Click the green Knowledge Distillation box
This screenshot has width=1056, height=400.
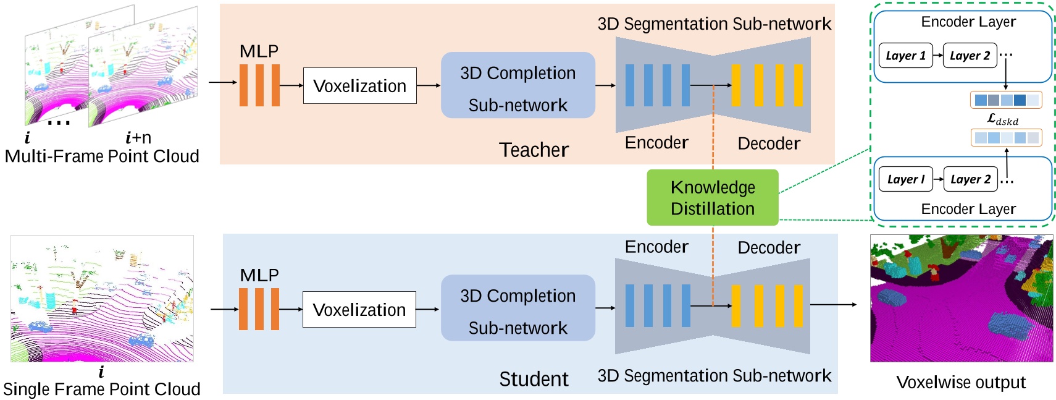click(x=712, y=197)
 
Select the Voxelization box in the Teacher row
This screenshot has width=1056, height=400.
click(x=359, y=85)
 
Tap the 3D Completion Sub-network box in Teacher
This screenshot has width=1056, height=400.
click(x=518, y=85)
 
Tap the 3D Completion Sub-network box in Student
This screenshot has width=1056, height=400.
click(x=518, y=308)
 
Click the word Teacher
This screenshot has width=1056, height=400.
click(x=534, y=150)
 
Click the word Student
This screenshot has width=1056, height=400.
click(x=534, y=378)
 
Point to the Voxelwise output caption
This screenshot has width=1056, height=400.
click(x=960, y=382)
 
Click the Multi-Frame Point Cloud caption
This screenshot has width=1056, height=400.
click(x=102, y=156)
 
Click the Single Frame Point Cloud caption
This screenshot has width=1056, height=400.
click(x=102, y=389)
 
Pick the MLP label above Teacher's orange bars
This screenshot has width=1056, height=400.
click(x=259, y=51)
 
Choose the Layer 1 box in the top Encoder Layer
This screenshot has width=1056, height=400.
click(x=905, y=56)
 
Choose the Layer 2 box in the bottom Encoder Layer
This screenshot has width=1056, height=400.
click(x=970, y=179)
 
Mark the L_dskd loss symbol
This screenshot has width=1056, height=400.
click(x=1002, y=119)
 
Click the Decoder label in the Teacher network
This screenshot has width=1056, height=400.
click(x=769, y=143)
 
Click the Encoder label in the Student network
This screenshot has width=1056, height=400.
click(x=656, y=247)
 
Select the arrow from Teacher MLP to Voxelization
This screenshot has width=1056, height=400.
click(x=291, y=85)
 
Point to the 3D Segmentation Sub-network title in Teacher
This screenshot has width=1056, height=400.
click(x=714, y=23)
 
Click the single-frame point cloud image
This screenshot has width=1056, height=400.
click(x=102, y=298)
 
